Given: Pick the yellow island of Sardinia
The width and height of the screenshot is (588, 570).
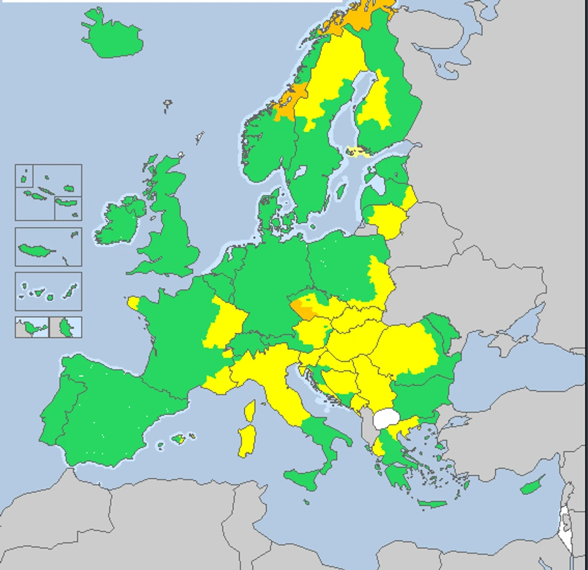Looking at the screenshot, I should tap(246, 440).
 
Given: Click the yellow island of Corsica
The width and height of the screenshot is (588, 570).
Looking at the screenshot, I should tap(249, 410).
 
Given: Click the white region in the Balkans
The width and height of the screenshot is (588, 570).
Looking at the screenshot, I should tap(387, 418).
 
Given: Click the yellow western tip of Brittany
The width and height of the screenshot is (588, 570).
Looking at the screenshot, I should tap(134, 303).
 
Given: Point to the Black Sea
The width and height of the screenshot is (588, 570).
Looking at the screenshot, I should tap(500, 375).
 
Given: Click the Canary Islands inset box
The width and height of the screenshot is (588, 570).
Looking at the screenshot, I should tap(48, 291).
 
